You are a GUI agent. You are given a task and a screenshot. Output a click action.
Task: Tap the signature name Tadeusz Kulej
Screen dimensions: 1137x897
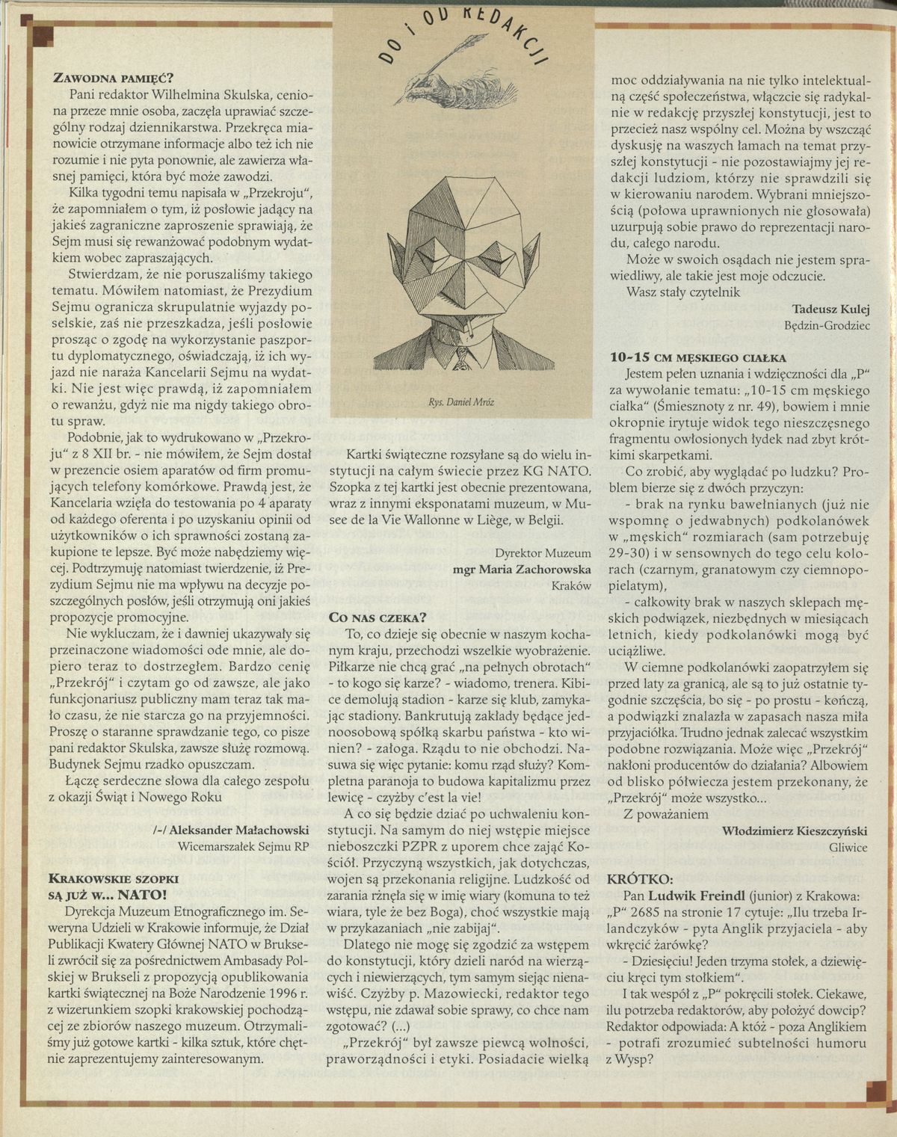pos(830,309)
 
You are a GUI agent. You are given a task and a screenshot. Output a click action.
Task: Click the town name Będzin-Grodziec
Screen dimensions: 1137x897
pos(827,326)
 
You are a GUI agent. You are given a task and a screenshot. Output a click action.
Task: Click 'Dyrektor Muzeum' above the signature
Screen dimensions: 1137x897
pos(543,552)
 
